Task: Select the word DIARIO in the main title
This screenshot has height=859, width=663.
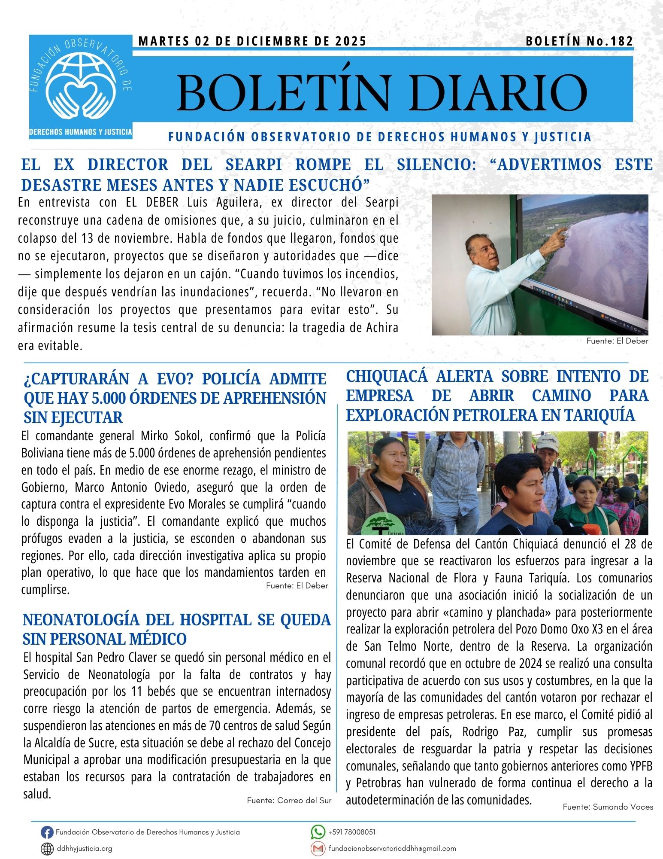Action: (499, 93)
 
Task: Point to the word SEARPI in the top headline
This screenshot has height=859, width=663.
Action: (254, 165)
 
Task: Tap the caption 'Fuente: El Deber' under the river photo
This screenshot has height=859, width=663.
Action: (617, 341)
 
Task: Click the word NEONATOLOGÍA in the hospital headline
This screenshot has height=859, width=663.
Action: (80, 620)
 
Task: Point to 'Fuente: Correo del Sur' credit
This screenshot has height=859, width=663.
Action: (289, 801)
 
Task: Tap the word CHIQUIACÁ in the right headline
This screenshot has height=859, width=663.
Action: (387, 377)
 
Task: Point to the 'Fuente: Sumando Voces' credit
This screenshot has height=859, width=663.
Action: (608, 807)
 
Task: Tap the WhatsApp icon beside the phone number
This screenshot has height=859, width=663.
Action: (318, 832)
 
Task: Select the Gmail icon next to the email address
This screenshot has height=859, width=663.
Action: (318, 849)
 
